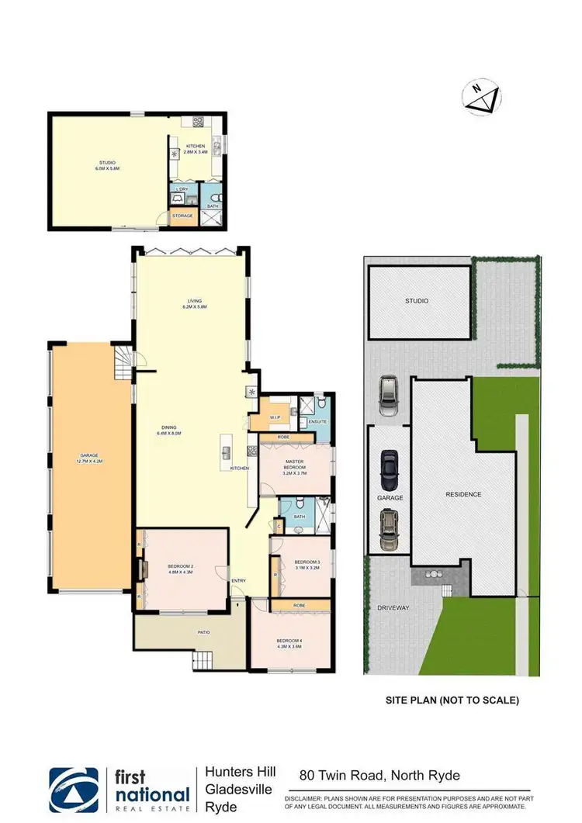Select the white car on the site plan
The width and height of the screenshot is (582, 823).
pos(388,396)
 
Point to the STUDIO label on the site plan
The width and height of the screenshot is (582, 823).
pos(417,300)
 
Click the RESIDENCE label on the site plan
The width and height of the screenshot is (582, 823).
pos(463,494)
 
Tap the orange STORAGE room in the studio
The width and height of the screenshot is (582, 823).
pos(182,216)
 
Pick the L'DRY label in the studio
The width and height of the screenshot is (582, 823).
pos(182,189)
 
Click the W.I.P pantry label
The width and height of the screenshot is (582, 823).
pos(275,417)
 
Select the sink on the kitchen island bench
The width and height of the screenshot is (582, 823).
pos(227,451)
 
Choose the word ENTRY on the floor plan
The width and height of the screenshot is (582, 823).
pos(238,580)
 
